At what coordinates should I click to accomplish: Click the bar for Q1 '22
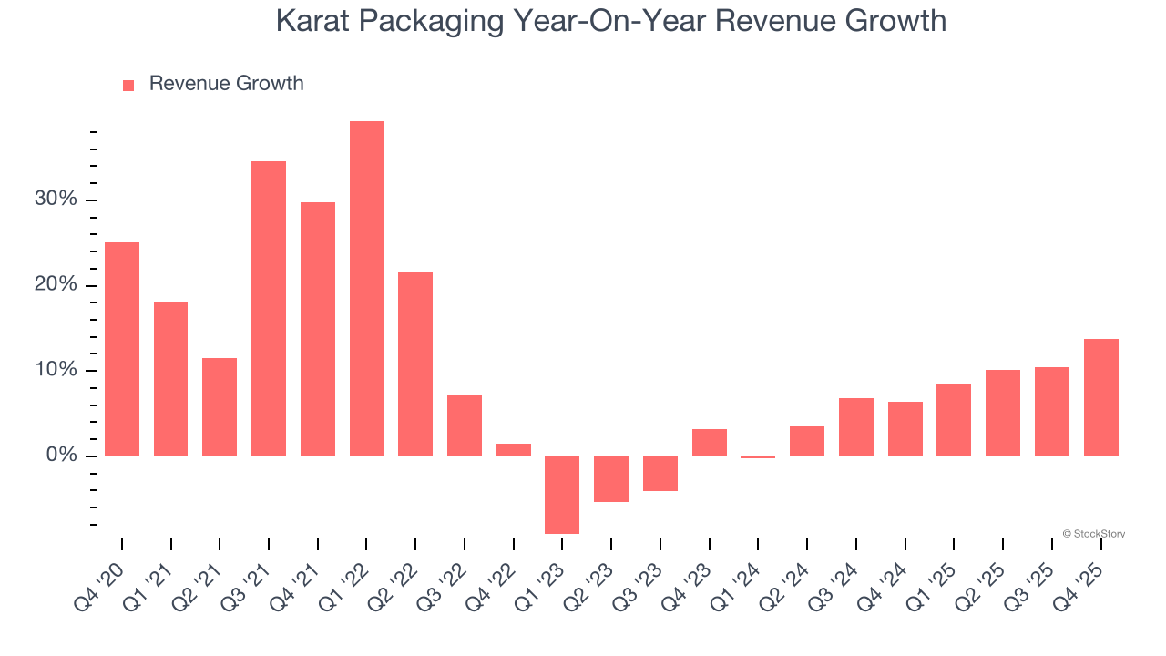(366, 289)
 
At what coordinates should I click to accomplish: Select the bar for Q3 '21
(269, 309)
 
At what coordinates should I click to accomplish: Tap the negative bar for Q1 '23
(562, 495)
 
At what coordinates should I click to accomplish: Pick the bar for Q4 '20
(122, 349)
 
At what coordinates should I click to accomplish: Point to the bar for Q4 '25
(1100, 397)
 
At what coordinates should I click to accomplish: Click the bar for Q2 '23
(611, 479)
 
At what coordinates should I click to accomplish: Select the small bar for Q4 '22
(514, 450)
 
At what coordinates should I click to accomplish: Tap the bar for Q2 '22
(415, 364)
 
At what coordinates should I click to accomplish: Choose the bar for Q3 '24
(856, 427)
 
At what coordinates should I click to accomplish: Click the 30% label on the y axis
(56, 200)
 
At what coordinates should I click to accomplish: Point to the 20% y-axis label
(56, 285)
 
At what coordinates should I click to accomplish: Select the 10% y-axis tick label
(56, 370)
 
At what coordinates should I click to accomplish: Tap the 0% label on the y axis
(61, 456)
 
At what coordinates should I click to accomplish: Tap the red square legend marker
(128, 85)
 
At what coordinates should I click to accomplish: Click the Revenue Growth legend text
(226, 84)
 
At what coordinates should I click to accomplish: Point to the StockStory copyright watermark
(1094, 534)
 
